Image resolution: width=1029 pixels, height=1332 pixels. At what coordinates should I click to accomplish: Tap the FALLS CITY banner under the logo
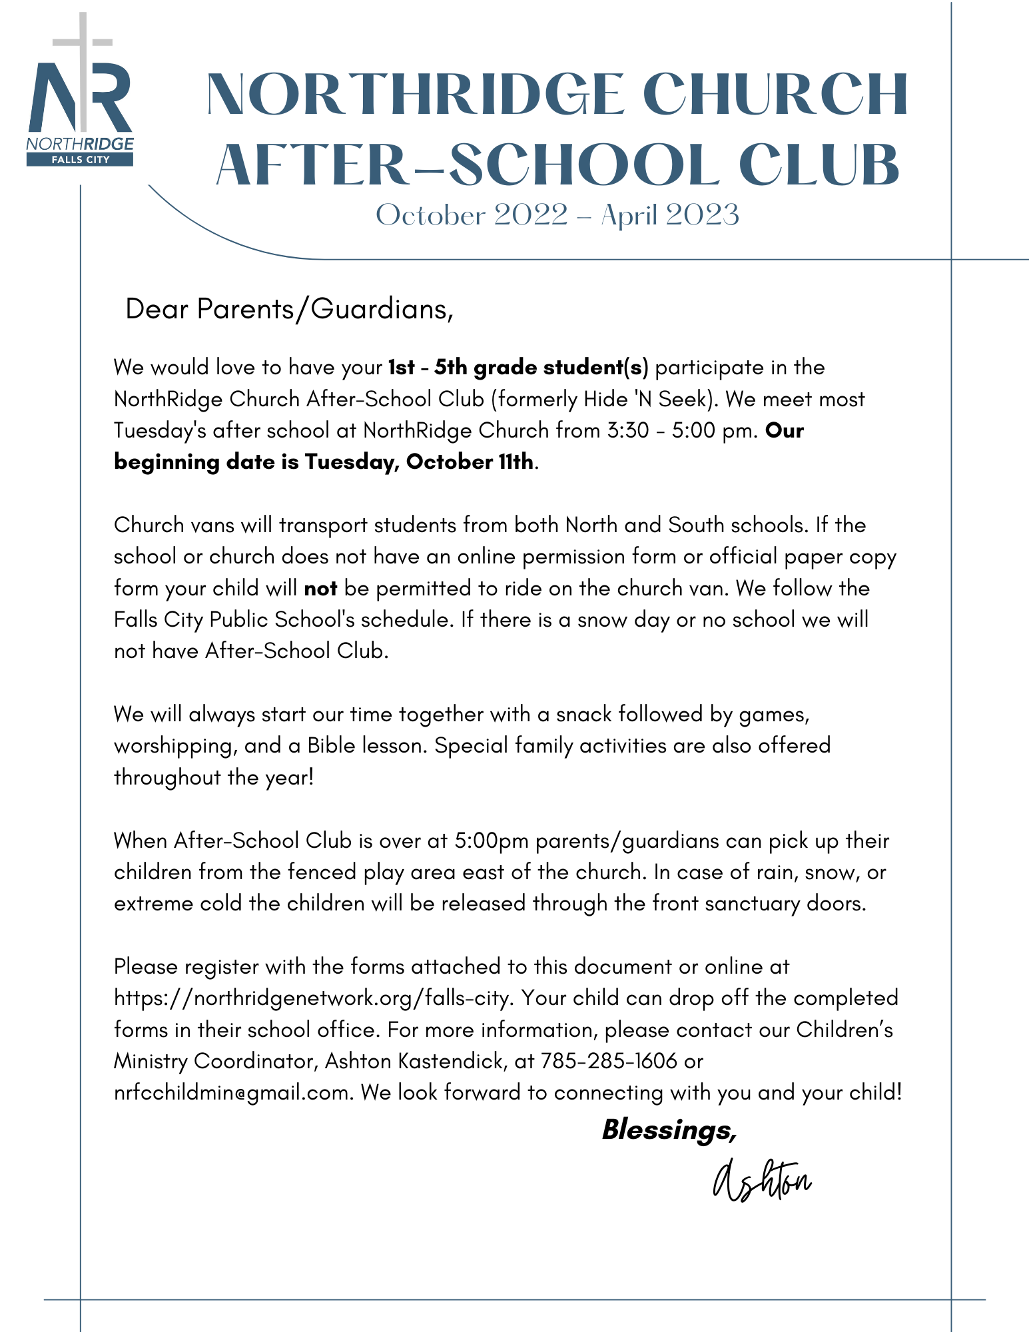[80, 160]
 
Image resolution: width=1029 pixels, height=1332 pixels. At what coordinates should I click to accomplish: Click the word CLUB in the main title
[819, 165]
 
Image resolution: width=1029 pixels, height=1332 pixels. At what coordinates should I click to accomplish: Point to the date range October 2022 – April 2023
[557, 215]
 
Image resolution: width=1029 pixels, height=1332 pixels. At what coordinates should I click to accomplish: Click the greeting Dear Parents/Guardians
[289, 309]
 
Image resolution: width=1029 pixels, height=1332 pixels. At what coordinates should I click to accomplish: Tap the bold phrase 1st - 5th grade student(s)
[518, 368]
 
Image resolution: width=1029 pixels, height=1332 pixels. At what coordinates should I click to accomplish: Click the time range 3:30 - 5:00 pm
[682, 431]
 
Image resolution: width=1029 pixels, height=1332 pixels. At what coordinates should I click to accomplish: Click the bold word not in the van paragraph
[320, 589]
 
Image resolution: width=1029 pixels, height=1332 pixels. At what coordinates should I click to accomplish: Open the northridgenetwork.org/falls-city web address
[313, 998]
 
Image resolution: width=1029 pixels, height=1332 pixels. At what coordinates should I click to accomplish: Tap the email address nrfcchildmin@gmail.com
[232, 1093]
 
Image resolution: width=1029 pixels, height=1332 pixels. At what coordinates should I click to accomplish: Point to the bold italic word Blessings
[668, 1130]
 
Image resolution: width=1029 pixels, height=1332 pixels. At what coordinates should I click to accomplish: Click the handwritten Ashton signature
[761, 1181]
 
